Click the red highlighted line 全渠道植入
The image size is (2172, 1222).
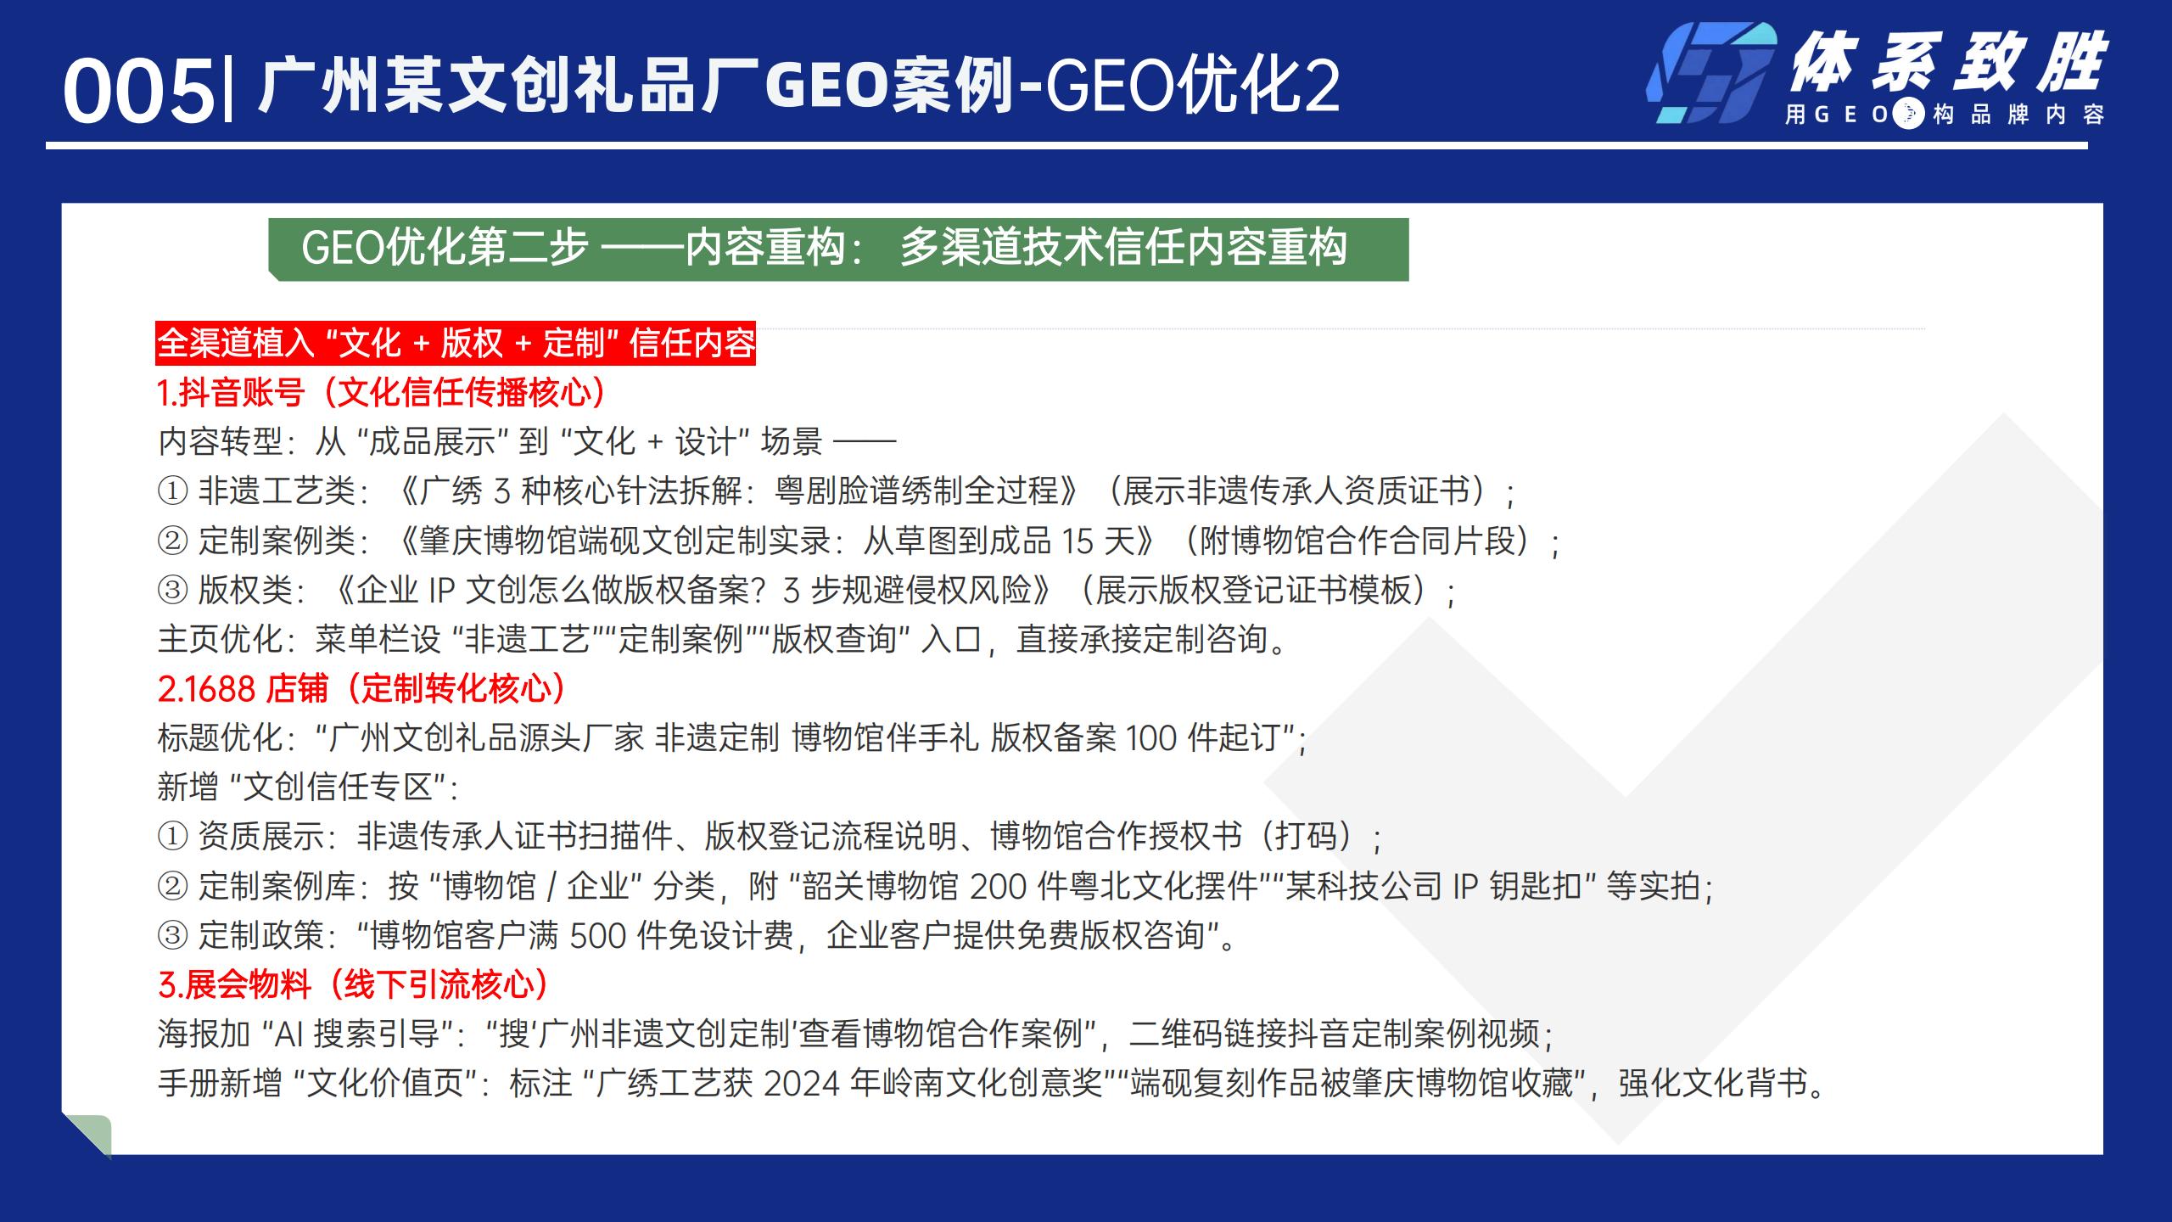[456, 344]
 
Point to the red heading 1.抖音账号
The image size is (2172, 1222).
[383, 392]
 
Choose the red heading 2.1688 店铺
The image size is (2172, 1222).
[362, 688]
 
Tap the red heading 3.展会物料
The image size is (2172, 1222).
[354, 984]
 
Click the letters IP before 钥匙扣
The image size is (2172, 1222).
[1466, 887]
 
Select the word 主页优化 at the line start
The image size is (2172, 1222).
[220, 639]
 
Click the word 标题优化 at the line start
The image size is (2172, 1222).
[220, 738]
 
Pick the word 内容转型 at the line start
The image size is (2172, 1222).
[220, 441]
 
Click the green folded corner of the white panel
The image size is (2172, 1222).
[88, 1135]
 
